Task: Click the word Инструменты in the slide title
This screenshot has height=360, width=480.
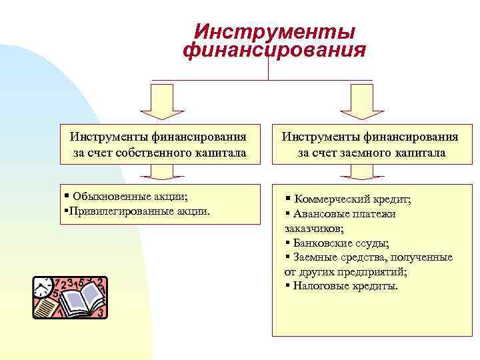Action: (274, 33)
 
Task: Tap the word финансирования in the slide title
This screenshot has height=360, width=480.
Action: (274, 51)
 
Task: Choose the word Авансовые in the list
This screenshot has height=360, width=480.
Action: (319, 214)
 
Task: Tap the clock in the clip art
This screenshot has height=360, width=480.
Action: (43, 287)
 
